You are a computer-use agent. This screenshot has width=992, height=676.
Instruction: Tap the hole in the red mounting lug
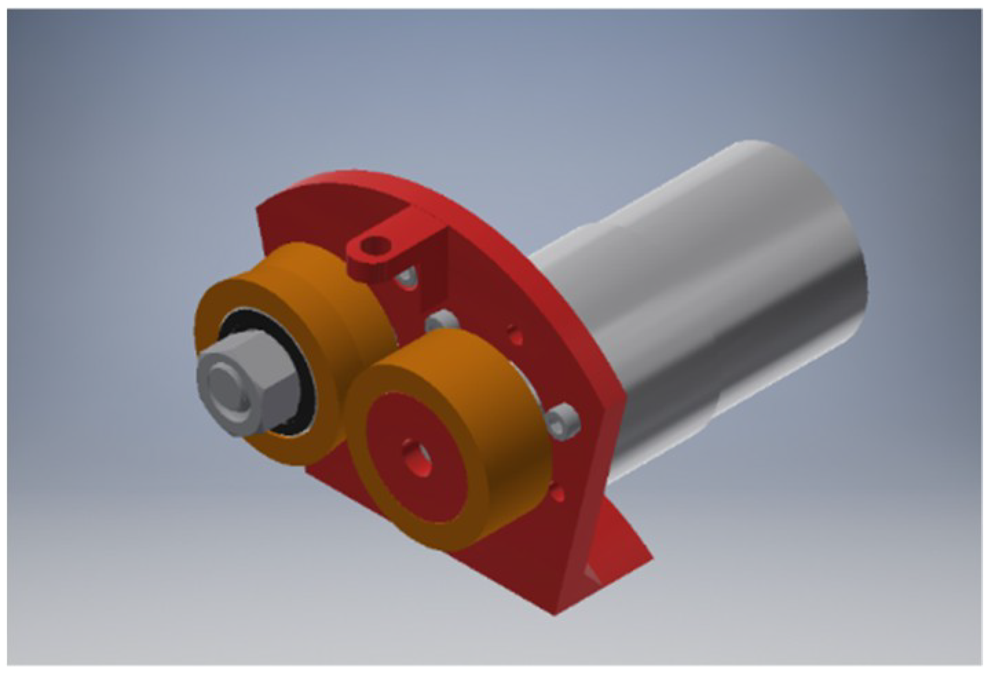pyautogui.click(x=376, y=244)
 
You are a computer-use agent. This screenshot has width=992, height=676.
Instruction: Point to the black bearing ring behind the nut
pyautogui.click(x=303, y=385)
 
